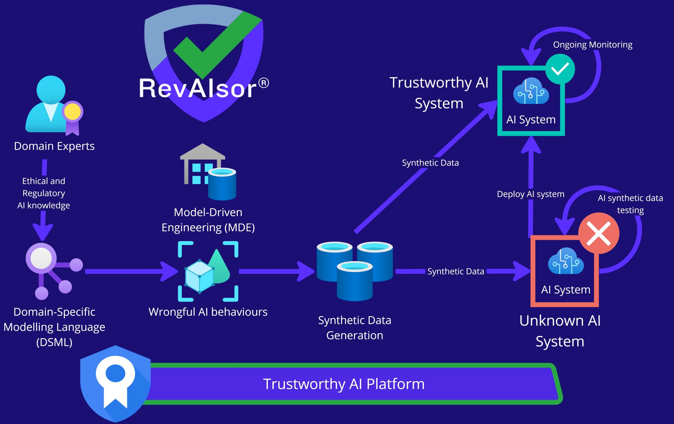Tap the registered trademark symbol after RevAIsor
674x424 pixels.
tap(263, 83)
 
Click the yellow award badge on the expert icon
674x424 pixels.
tap(72, 112)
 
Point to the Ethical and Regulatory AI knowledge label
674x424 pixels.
tap(44, 193)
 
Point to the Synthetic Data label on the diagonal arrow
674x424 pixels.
tap(430, 163)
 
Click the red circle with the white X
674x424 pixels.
tap(598, 233)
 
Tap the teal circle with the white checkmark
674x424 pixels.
tap(560, 69)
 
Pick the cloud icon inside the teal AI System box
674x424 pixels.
tap(531, 91)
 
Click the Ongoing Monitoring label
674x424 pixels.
tap(593, 45)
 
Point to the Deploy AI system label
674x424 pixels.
tap(531, 194)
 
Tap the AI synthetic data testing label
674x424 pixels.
tap(630, 204)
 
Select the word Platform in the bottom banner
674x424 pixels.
tap(395, 384)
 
